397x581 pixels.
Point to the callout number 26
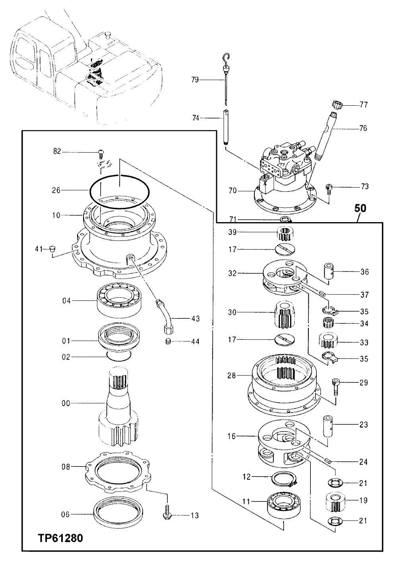pos(56,190)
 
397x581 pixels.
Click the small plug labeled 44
pos(167,341)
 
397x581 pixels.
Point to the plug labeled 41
pos(50,249)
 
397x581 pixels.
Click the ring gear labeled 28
pos(283,383)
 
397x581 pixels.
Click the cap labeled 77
pos(337,106)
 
